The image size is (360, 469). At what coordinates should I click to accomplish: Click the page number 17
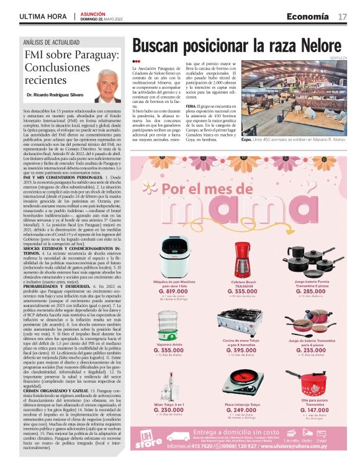tap(343, 16)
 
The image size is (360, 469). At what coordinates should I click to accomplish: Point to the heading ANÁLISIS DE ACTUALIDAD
tap(52, 42)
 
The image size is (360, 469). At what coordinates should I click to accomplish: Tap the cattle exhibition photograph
tap(295, 97)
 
